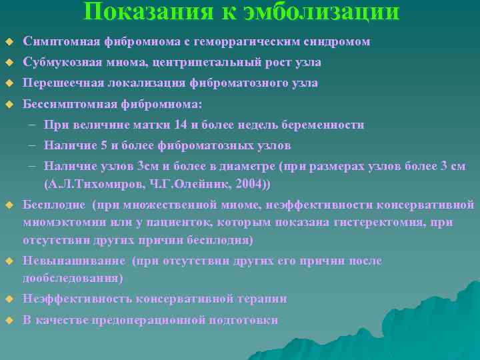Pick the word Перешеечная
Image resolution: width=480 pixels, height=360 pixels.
click(61, 83)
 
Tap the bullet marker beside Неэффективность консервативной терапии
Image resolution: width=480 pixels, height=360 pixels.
click(9, 299)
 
